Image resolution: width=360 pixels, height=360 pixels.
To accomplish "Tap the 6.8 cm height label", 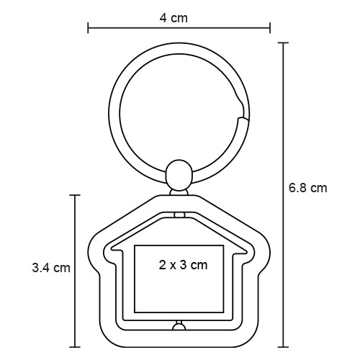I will (x=307, y=189).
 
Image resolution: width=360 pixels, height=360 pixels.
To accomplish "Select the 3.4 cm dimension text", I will (x=51, y=268).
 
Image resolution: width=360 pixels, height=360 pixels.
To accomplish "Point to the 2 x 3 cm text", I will (x=183, y=265).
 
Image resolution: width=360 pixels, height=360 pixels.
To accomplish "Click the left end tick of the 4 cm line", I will (x=88, y=29).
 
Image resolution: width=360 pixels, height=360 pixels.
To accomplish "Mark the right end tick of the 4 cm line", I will (x=270, y=29).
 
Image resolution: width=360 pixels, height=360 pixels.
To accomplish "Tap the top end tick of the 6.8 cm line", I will (x=284, y=43).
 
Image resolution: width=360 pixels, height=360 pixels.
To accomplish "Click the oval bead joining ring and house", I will (x=177, y=175).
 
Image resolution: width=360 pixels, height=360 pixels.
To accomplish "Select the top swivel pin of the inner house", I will (x=180, y=215).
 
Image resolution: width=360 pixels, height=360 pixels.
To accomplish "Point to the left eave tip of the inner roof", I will (x=106, y=251).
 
